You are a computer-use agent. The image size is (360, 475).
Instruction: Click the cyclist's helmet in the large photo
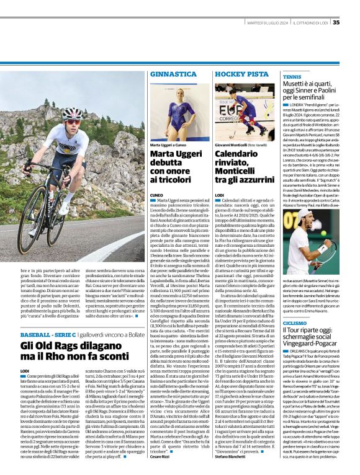(x=72, y=114)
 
